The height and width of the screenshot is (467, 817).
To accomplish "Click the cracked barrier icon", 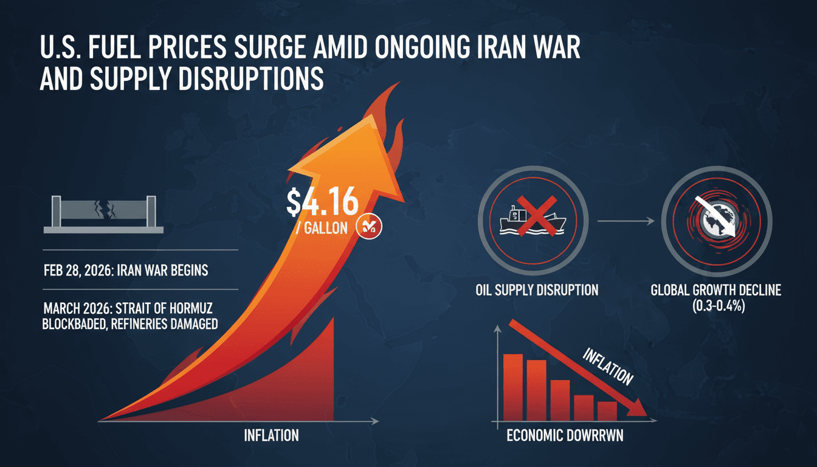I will pos(104,215).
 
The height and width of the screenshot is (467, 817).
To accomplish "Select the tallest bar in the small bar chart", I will pos(513,387).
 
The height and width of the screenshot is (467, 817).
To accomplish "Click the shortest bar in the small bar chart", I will pos(607,411).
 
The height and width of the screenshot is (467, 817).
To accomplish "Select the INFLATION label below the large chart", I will pos(271,435).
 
